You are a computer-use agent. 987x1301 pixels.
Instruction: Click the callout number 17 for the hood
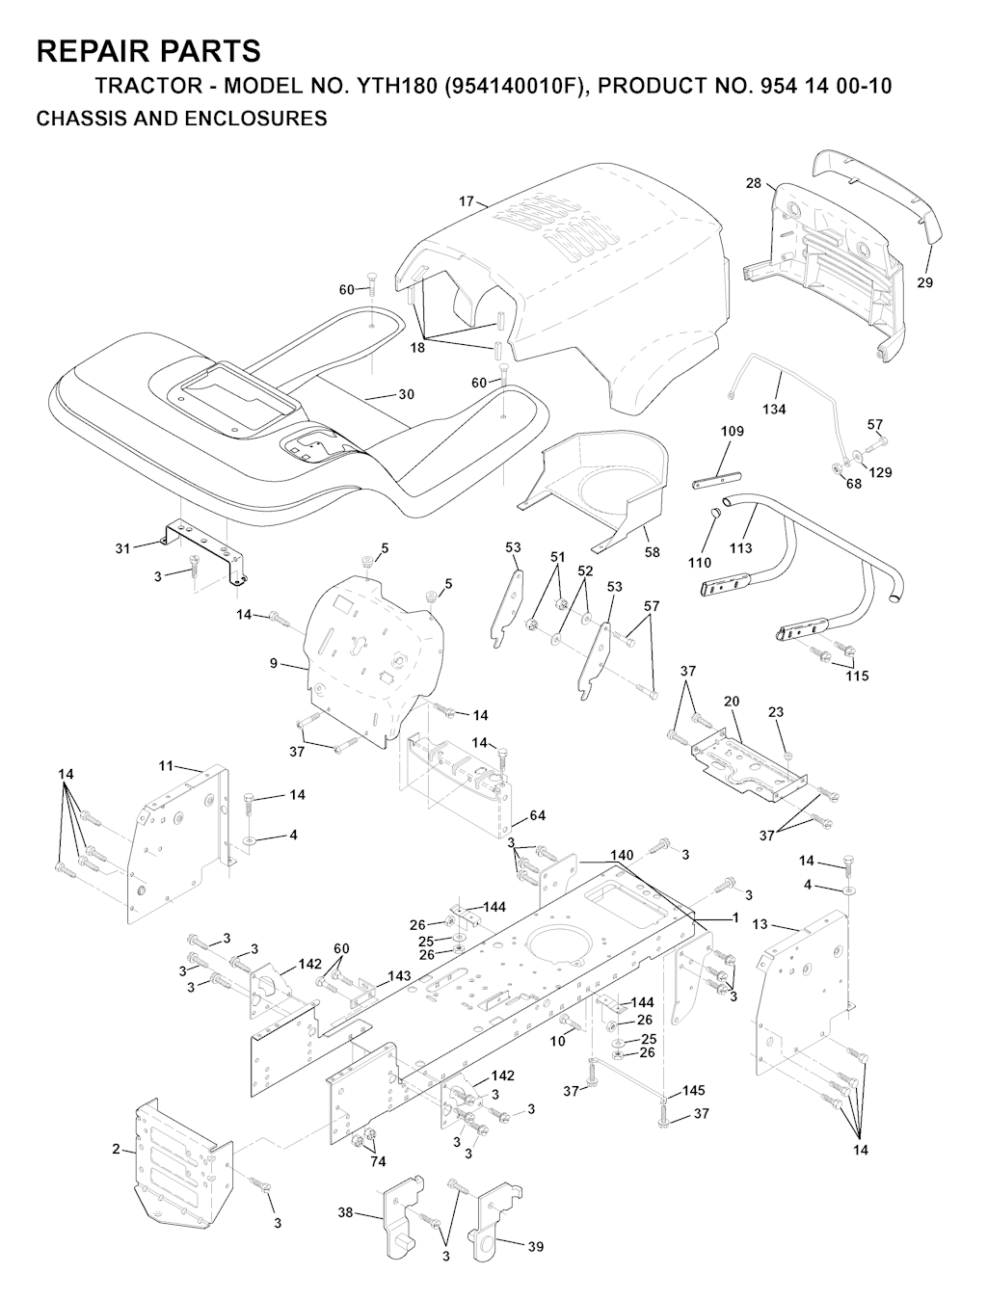(x=467, y=201)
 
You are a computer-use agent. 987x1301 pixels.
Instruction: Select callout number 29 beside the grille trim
(x=925, y=283)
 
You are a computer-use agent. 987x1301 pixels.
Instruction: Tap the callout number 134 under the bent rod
(x=774, y=409)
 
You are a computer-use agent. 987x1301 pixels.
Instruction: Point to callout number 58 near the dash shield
(x=653, y=552)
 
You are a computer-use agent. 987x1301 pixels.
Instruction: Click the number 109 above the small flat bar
(x=733, y=432)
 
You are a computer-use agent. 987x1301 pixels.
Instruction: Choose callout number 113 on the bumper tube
(x=740, y=548)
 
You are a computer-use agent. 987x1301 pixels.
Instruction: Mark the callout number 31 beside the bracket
(x=121, y=548)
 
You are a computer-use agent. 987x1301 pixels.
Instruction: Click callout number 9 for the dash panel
(x=274, y=663)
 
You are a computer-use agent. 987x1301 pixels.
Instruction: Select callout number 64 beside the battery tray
(x=537, y=816)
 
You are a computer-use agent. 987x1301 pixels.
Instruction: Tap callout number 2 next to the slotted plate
(x=116, y=1149)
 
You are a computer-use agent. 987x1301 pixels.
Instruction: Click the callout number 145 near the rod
(x=694, y=1091)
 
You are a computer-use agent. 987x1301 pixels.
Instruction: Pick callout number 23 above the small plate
(x=776, y=712)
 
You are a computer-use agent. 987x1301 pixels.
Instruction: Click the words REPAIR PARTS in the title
(x=148, y=50)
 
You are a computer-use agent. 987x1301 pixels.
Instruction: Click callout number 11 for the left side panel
(x=166, y=765)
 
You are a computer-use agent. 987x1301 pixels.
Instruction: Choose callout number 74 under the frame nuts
(x=378, y=1161)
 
